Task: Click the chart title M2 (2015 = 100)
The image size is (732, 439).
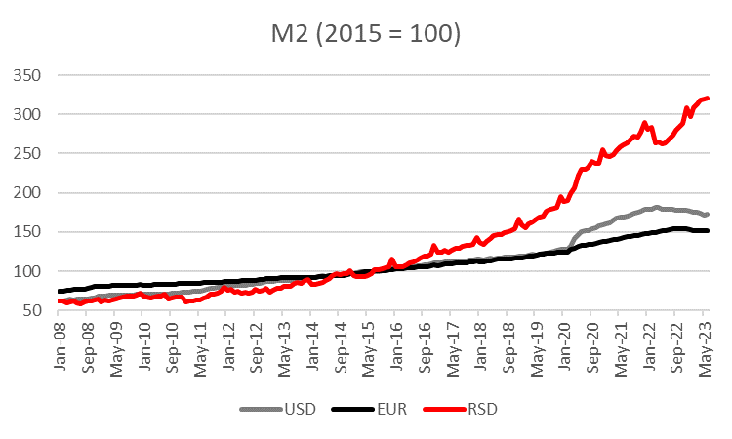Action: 365,35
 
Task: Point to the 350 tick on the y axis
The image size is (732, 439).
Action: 30,75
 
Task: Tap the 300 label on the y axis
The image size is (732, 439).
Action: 30,114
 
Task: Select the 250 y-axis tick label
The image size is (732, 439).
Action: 30,153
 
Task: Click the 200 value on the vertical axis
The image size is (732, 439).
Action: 30,192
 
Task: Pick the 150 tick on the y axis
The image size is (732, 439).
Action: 30,232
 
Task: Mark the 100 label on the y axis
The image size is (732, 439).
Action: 30,271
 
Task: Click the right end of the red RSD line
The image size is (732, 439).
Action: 708,98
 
